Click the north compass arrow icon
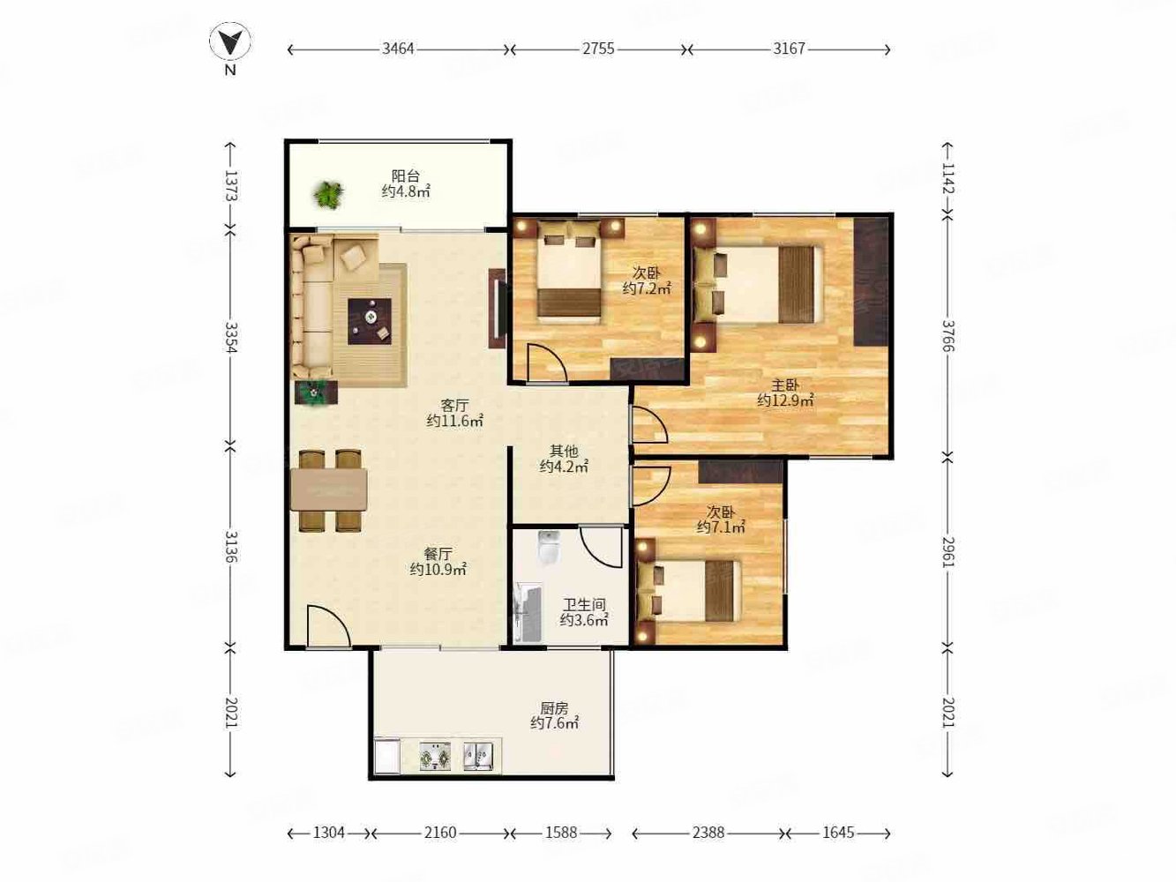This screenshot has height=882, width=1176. click(229, 41)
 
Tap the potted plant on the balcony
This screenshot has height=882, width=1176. click(328, 194)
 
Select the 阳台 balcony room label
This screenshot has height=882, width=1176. click(406, 176)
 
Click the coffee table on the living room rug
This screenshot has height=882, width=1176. click(371, 320)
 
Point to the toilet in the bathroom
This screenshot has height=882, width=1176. click(549, 548)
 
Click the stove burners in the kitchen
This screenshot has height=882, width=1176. click(434, 756)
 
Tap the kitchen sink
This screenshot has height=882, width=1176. click(478, 755)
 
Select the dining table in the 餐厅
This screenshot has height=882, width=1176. click(329, 490)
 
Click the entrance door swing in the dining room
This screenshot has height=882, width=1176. click(327, 627)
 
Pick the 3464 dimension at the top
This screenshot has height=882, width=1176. click(398, 49)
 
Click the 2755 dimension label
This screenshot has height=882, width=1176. click(598, 49)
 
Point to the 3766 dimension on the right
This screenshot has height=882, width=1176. click(948, 335)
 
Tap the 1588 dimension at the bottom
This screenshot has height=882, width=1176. click(561, 833)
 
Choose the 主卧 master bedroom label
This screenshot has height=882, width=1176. click(785, 385)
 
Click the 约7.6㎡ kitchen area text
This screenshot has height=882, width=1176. click(554, 723)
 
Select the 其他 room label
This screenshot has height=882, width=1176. click(564, 451)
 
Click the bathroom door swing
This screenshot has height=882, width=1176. click(603, 547)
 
